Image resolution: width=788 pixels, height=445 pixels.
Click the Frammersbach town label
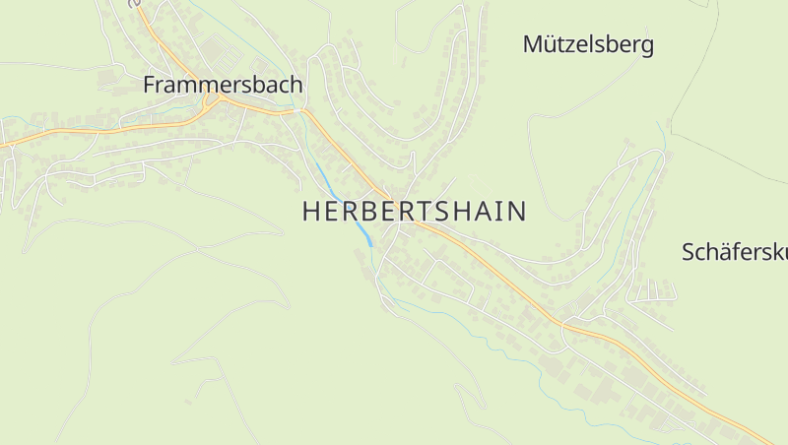coord(222,85)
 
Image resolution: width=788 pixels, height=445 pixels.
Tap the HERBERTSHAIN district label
coord(414,212)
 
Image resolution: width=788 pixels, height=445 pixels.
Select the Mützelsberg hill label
coord(588,44)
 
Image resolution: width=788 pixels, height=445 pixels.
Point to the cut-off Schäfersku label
coord(735,251)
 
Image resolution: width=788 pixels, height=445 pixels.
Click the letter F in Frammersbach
coord(150,85)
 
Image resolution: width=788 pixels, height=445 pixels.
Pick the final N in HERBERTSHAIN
coord(516,212)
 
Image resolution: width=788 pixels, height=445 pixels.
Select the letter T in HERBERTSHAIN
coord(425,212)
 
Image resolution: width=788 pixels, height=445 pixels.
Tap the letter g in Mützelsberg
coord(646,46)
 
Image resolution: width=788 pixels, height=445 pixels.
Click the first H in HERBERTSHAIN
coord(311,212)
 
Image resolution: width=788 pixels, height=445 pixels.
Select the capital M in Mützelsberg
coord(533,44)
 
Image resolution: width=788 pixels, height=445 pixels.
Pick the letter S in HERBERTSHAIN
coord(446,212)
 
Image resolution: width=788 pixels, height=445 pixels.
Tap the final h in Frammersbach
coord(295,85)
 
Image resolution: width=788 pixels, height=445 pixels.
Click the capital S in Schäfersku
coord(689,251)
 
